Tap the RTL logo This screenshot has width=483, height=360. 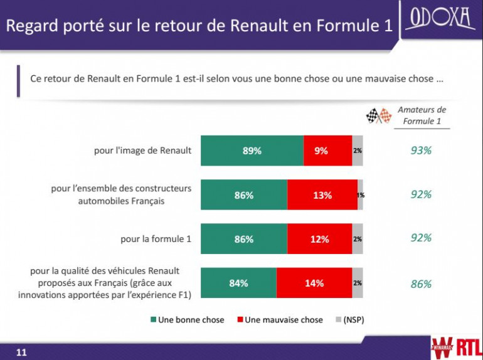pos(467,346)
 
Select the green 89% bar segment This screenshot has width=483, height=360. pos(252,151)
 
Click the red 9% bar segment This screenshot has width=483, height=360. pos(327,151)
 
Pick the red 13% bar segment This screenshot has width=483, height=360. pos(322,195)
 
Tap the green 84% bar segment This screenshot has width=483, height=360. pos(238,283)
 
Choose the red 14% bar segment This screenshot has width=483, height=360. pos(314,283)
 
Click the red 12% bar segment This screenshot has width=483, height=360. pos(319,239)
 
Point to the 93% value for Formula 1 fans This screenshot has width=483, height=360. pos(421,151)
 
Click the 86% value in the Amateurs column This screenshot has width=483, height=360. pos(421,284)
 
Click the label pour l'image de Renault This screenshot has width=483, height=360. pos(142,151)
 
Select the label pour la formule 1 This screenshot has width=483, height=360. pos(156,239)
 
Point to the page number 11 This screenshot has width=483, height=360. pos(21,352)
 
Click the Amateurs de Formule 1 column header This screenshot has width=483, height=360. pos(422,115)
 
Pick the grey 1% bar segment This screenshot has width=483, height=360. pos(361,195)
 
